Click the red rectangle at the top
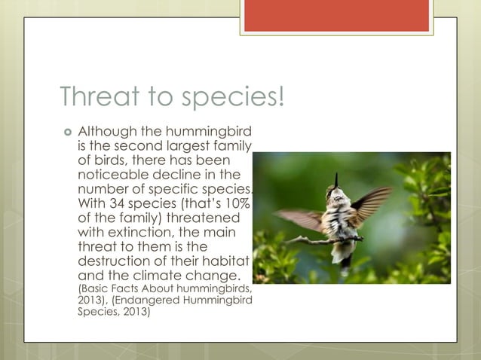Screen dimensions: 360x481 tap(336, 15)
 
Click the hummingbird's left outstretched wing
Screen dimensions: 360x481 tap(299, 218)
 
